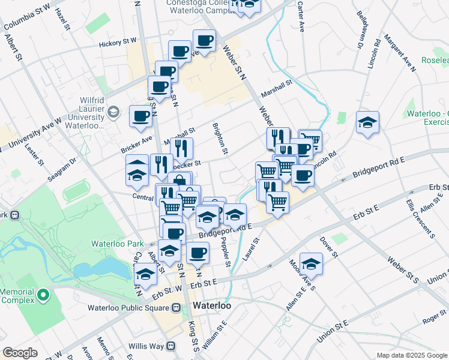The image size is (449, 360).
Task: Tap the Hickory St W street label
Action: (x=118, y=43)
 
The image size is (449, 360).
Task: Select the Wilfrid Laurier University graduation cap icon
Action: (x=113, y=112)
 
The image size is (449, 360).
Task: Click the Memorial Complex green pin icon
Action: (x=43, y=295)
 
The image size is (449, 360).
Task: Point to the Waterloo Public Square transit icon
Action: (x=176, y=308)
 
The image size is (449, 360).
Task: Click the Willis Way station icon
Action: (x=171, y=346)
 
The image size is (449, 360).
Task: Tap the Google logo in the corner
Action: (x=20, y=353)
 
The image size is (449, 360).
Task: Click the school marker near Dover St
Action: (x=311, y=263)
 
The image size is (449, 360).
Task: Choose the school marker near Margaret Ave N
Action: (x=367, y=122)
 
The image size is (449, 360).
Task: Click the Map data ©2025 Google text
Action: (x=411, y=355)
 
